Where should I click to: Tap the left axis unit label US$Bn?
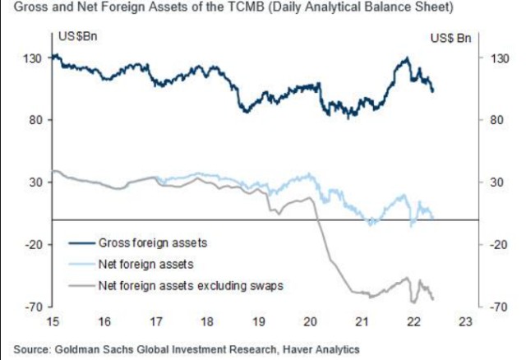pyautogui.click(x=78, y=36)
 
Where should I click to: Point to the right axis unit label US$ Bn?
pyautogui.click(x=451, y=38)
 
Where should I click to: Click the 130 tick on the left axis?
pyautogui.click(x=32, y=58)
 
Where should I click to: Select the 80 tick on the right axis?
pyautogui.click(x=494, y=120)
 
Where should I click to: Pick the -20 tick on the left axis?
pyautogui.click(x=34, y=245)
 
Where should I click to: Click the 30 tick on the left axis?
pyautogui.click(x=36, y=182)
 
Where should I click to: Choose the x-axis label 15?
pyautogui.click(x=53, y=321)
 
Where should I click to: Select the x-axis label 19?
pyautogui.click(x=259, y=321)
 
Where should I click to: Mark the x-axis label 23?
pyautogui.click(x=465, y=321)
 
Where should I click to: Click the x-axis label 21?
pyautogui.click(x=362, y=321)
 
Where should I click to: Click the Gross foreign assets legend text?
pyautogui.click(x=153, y=243)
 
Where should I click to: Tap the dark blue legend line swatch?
pyautogui.click(x=82, y=243)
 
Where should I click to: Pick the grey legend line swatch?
pyautogui.click(x=82, y=286)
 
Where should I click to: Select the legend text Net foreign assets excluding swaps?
pyautogui.click(x=191, y=286)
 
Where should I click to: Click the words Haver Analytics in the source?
pyautogui.click(x=321, y=349)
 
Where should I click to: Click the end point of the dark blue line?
pyautogui.click(x=433, y=90)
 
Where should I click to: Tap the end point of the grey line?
pyautogui.click(x=433, y=298)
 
